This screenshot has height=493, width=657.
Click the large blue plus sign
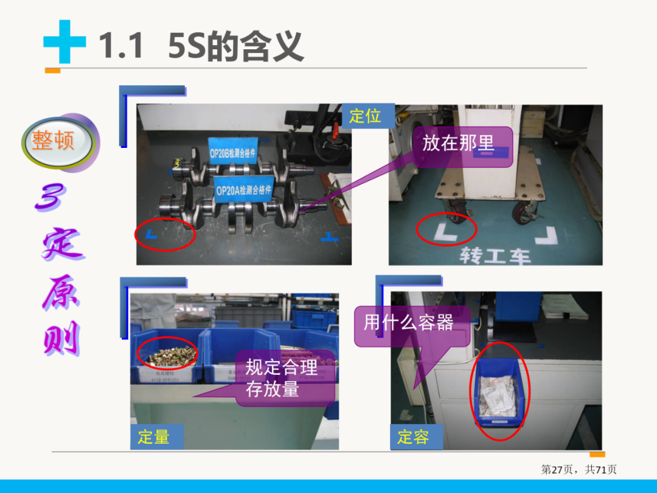64,42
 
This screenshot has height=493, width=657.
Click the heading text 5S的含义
235,46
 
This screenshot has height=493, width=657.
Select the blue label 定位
366,116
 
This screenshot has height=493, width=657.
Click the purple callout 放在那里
458,144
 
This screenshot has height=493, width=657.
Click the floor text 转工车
495,256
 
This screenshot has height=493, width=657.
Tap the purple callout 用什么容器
409,322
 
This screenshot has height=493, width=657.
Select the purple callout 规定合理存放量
282,377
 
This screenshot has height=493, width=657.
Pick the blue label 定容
413,437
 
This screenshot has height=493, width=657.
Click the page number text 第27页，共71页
579,469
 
